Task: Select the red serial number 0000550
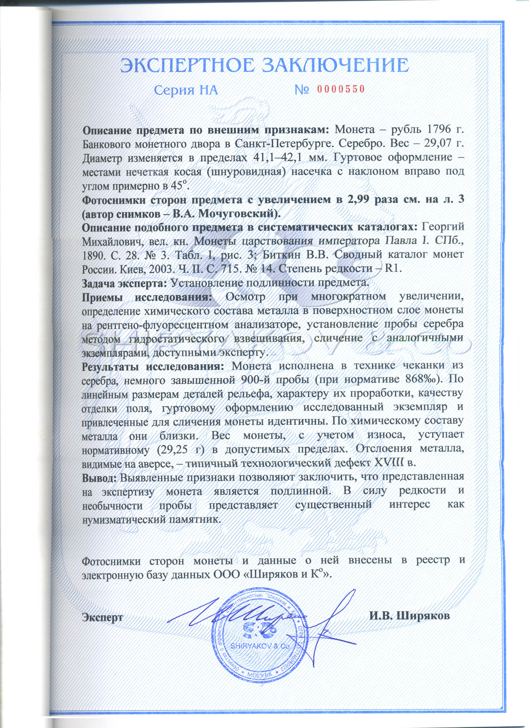pos(341,89)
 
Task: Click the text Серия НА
pos(186,90)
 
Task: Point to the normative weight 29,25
pos(172,450)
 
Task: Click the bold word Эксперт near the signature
pos(102,617)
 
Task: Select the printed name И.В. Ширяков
pos(409,616)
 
